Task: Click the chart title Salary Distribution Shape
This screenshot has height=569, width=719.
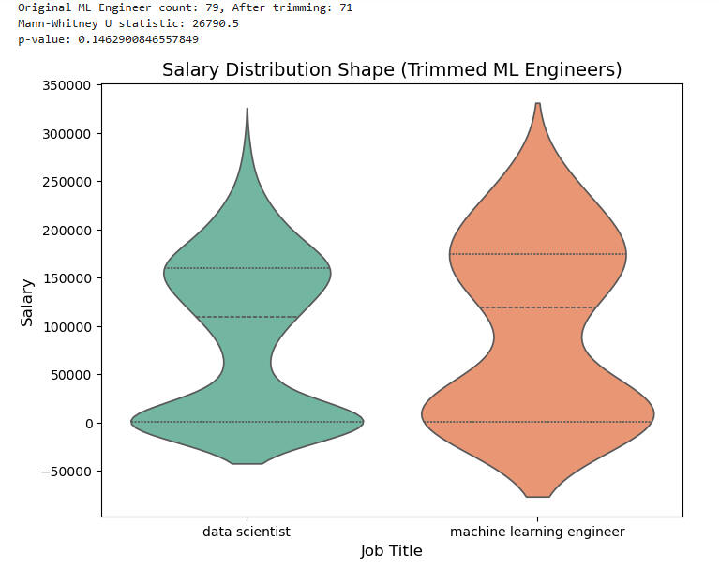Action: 392,70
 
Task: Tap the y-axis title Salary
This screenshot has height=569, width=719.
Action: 27,302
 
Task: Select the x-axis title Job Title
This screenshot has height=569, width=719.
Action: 391,551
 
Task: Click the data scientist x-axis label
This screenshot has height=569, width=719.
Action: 247,532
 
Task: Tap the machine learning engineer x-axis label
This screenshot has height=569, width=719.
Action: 537,532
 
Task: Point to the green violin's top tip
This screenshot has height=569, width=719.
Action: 247,109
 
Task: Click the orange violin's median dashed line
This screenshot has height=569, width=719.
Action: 537,307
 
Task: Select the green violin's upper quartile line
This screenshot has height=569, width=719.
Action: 247,269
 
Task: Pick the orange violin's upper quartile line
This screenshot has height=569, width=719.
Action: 537,254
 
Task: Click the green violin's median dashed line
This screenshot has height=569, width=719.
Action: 247,317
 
